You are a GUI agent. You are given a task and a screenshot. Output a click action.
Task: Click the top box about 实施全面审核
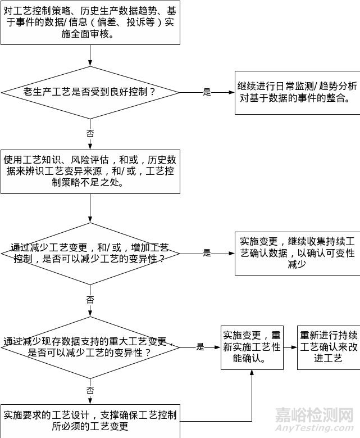(x=90, y=22)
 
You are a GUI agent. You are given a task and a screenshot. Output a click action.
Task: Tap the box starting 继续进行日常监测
(x=297, y=93)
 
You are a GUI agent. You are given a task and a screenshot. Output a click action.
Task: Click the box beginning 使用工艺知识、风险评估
(x=90, y=171)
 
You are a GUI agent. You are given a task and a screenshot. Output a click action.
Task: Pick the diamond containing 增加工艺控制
(x=90, y=254)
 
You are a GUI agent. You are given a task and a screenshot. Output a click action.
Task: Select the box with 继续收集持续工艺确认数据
(x=297, y=254)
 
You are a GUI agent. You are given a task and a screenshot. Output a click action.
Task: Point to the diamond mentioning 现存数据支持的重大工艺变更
(x=90, y=347)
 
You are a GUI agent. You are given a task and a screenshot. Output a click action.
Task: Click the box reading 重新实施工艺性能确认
(x=252, y=347)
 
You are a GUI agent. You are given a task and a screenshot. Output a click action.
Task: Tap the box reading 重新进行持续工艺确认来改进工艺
(x=329, y=347)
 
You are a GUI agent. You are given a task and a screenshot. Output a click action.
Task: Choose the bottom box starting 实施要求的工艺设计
(x=90, y=421)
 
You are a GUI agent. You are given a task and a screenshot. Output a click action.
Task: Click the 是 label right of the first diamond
(x=207, y=92)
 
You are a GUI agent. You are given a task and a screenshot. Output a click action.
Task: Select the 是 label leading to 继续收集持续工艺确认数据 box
(x=207, y=254)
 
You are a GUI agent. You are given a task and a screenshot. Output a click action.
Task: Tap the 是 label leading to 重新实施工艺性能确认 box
(x=200, y=347)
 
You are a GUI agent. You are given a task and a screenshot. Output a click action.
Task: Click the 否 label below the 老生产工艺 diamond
(x=90, y=133)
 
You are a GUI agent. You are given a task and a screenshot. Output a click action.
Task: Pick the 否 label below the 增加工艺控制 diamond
(x=90, y=300)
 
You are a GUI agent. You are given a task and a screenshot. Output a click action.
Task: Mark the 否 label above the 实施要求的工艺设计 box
(x=90, y=390)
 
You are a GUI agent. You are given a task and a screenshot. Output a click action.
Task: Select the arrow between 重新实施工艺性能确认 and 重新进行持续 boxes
(x=290, y=347)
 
